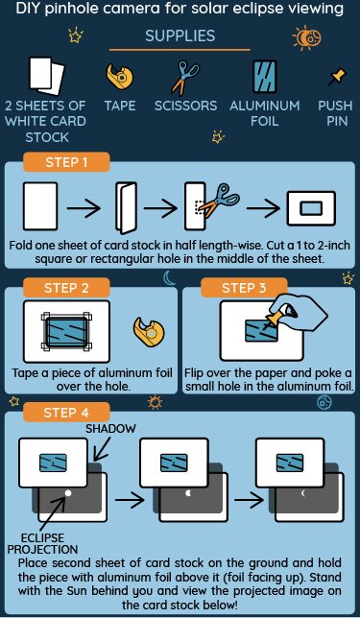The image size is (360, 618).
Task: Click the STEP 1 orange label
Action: [66, 162]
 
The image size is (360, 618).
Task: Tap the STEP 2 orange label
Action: [66, 288]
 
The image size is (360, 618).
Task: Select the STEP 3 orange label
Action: [244, 288]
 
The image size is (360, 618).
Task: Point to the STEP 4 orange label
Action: [66, 413]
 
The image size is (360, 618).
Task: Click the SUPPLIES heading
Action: [180, 36]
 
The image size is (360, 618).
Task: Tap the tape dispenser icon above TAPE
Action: [120, 75]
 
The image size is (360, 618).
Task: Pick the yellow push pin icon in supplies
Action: [337, 77]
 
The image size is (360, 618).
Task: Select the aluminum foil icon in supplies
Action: [264, 77]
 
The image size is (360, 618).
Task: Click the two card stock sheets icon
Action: [46, 76]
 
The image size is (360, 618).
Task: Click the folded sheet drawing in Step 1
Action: [126, 207]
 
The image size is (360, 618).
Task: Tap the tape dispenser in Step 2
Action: [149, 331]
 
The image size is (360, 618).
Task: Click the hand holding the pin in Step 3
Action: [300, 312]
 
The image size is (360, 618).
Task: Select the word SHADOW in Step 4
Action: [110, 428]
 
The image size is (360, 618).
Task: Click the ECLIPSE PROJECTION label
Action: [43, 543]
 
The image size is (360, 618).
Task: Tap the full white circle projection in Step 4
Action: [68, 492]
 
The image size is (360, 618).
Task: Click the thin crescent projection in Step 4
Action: [304, 492]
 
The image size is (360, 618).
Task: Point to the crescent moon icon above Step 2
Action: [170, 278]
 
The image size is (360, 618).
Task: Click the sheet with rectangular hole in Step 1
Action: [311, 208]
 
